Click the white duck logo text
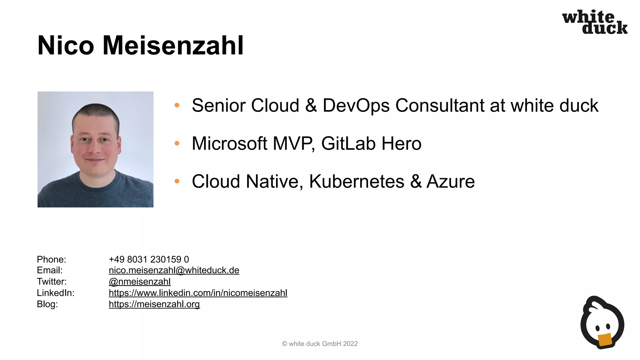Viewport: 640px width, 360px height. tap(595, 22)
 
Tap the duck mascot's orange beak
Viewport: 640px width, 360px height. tap(605, 340)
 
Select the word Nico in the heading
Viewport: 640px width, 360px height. tap(66, 46)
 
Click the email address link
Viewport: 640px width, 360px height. tap(174, 270)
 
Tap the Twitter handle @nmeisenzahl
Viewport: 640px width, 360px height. tap(139, 282)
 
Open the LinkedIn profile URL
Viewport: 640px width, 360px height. tap(198, 293)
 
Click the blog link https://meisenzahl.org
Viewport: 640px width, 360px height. tap(154, 304)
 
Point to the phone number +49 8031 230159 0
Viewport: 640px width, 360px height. tap(149, 259)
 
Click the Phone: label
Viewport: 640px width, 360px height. tap(52, 259)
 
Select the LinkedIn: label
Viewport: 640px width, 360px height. tap(56, 293)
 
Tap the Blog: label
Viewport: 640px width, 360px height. tap(47, 304)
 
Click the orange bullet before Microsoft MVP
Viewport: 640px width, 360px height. tap(177, 143)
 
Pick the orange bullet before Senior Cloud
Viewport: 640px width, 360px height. tap(177, 105)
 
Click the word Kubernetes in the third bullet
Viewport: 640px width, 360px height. tap(357, 181)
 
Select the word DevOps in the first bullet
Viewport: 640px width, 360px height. tap(356, 105)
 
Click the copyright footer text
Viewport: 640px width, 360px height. tap(320, 344)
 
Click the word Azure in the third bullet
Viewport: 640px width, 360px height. tap(450, 181)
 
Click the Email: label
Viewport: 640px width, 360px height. tap(50, 270)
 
